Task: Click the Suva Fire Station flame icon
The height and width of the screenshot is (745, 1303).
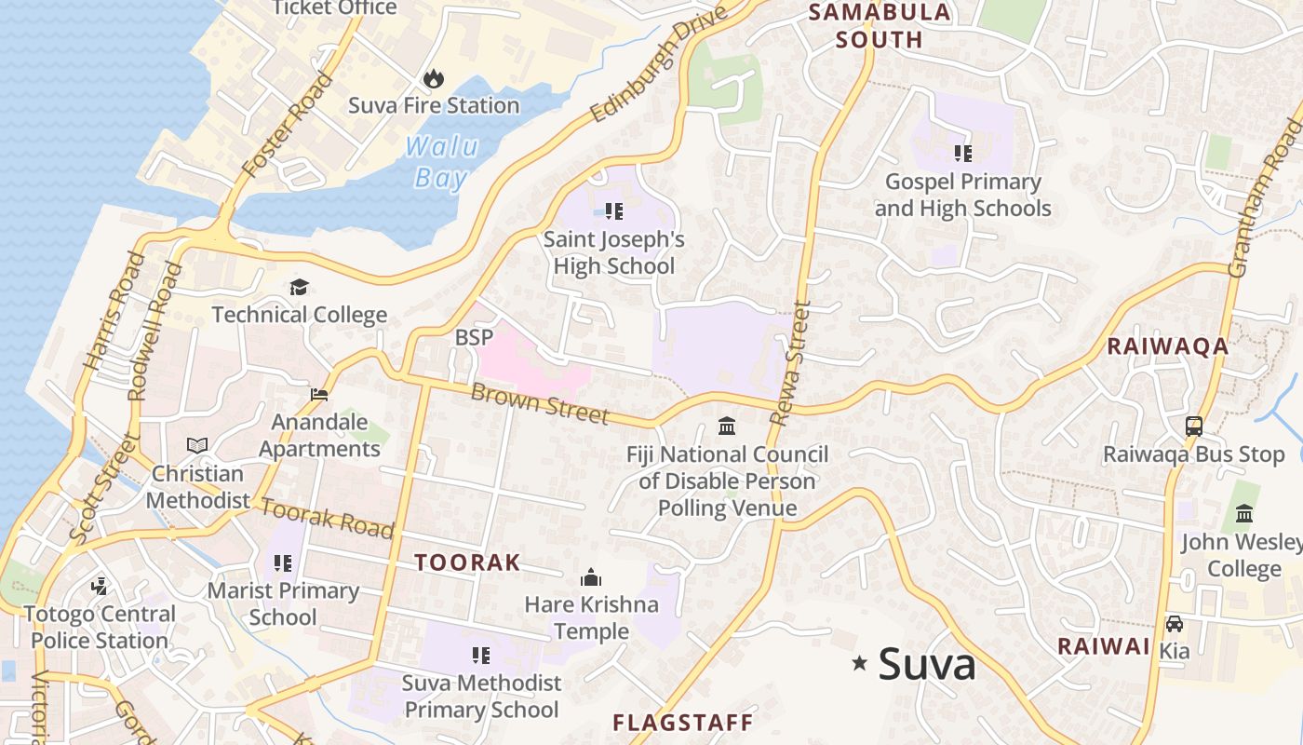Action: [434, 79]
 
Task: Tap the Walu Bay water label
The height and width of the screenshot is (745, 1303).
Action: [441, 162]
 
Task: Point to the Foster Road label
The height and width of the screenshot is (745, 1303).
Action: [288, 125]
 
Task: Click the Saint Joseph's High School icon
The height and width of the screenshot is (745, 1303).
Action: [614, 211]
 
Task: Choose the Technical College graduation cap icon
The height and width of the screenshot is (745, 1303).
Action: [299, 287]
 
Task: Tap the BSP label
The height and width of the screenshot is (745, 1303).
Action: [474, 337]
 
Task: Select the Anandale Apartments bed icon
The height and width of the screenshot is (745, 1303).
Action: [319, 395]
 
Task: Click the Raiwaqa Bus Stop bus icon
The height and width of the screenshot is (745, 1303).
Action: [1194, 427]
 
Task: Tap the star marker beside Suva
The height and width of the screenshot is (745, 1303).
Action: [860, 663]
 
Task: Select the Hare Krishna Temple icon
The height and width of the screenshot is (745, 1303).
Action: [591, 577]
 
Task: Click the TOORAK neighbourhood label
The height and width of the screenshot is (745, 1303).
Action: [467, 562]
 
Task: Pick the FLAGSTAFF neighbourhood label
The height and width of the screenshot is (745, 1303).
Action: [682, 723]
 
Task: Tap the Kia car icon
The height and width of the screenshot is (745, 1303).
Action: [1175, 624]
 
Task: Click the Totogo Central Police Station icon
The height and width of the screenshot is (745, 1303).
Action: [100, 587]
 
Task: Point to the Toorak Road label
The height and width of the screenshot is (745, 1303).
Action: [327, 519]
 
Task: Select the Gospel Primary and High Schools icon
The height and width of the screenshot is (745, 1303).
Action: [963, 154]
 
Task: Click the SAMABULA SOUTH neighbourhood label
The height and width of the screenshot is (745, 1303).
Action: [880, 26]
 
